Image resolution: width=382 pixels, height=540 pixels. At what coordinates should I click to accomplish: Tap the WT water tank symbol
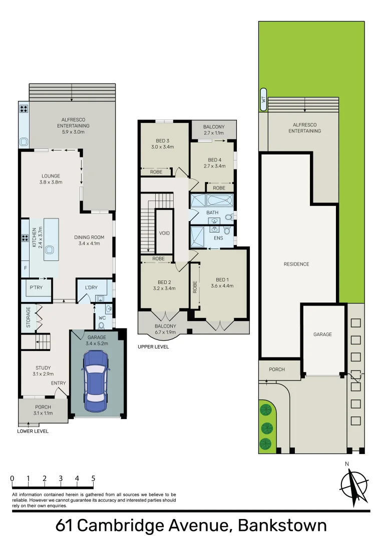coord(263,99)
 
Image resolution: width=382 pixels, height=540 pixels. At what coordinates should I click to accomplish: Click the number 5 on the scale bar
coord(93,478)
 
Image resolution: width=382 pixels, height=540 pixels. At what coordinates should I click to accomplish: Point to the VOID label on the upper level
coord(164,233)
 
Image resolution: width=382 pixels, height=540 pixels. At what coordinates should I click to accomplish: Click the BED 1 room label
coord(222,279)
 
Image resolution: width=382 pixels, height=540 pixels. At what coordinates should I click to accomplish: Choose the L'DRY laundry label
coord(91,287)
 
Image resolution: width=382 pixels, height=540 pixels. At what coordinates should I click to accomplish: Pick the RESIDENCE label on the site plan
coord(296,264)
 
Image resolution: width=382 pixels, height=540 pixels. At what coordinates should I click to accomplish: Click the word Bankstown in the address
coord(282,525)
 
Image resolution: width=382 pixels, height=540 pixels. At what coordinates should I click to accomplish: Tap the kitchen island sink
coord(50,249)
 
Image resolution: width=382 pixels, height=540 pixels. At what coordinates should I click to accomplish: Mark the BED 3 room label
coord(162,141)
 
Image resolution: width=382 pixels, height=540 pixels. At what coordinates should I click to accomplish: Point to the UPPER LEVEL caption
coord(154,347)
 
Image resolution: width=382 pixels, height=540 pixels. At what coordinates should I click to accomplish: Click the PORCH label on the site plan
coord(276,369)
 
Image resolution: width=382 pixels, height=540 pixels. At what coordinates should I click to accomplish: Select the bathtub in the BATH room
coord(220,201)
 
